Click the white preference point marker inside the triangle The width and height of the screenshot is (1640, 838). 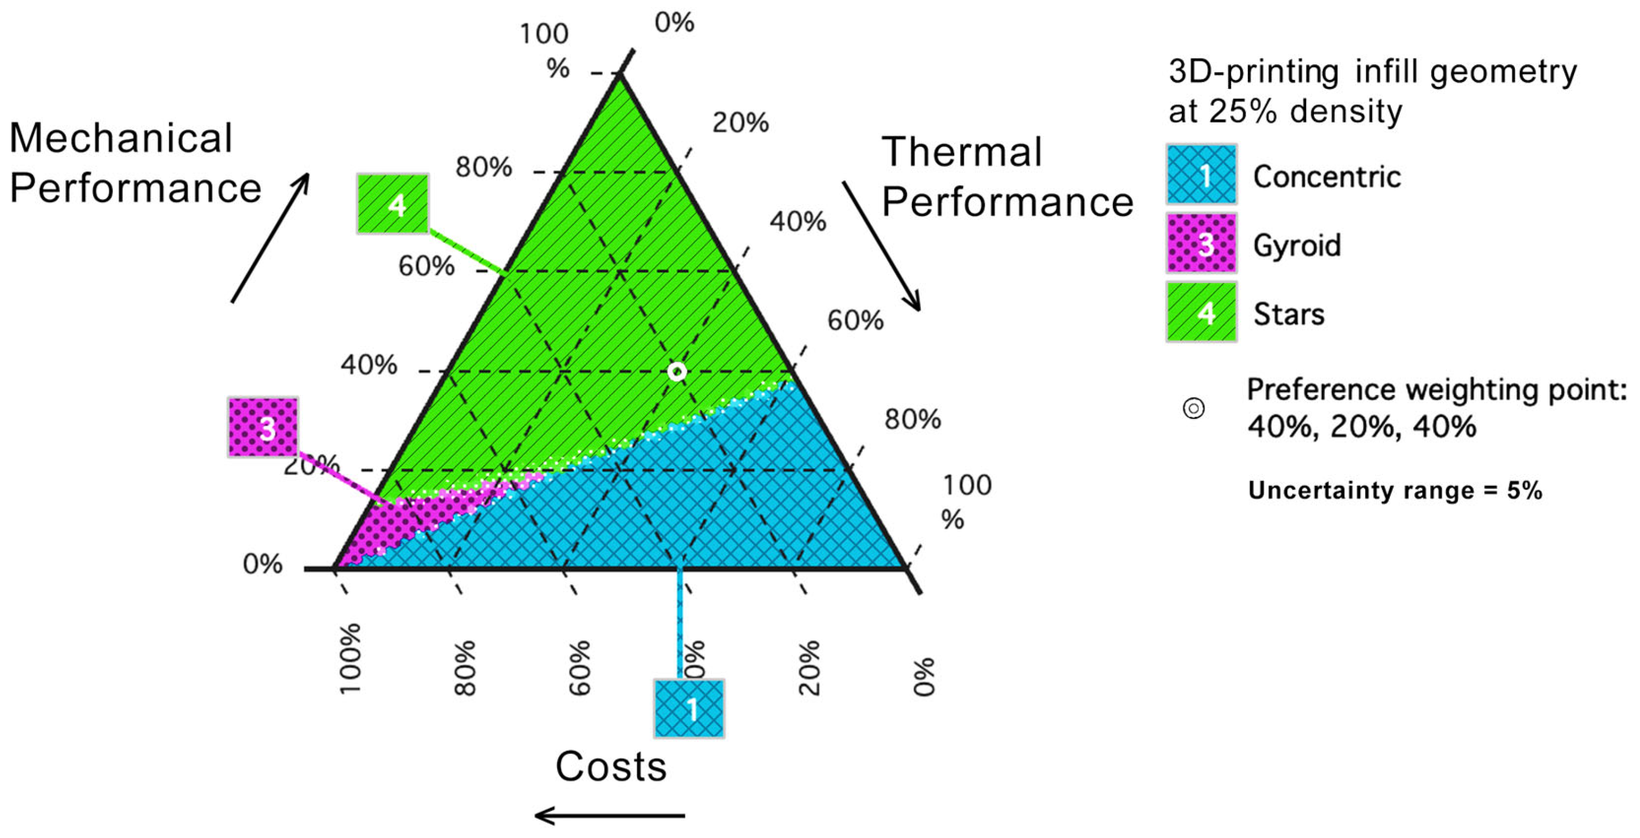click(x=677, y=371)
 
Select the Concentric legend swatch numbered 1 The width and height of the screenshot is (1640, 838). click(x=1201, y=174)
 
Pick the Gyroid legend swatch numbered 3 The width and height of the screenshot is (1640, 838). click(x=1201, y=243)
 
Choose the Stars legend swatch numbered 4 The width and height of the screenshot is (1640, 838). click(x=1201, y=312)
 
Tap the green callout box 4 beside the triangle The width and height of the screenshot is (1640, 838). click(x=392, y=203)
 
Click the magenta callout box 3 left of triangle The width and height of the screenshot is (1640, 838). click(x=263, y=427)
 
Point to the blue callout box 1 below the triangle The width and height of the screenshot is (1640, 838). click(x=689, y=708)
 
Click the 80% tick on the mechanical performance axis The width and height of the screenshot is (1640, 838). click(x=484, y=168)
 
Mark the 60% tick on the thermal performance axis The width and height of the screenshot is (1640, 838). click(x=855, y=321)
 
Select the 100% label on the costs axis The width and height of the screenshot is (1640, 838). click(x=350, y=659)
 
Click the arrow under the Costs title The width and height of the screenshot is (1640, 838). click(x=609, y=815)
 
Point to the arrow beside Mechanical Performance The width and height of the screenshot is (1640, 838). click(x=271, y=237)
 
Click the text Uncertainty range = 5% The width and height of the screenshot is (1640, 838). click(x=1395, y=491)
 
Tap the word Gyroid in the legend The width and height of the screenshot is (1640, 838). click(x=1297, y=245)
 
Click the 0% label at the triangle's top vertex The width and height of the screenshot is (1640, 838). click(x=674, y=23)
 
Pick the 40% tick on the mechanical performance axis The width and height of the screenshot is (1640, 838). click(x=369, y=365)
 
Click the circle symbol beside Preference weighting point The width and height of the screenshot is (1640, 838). click(x=1193, y=409)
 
